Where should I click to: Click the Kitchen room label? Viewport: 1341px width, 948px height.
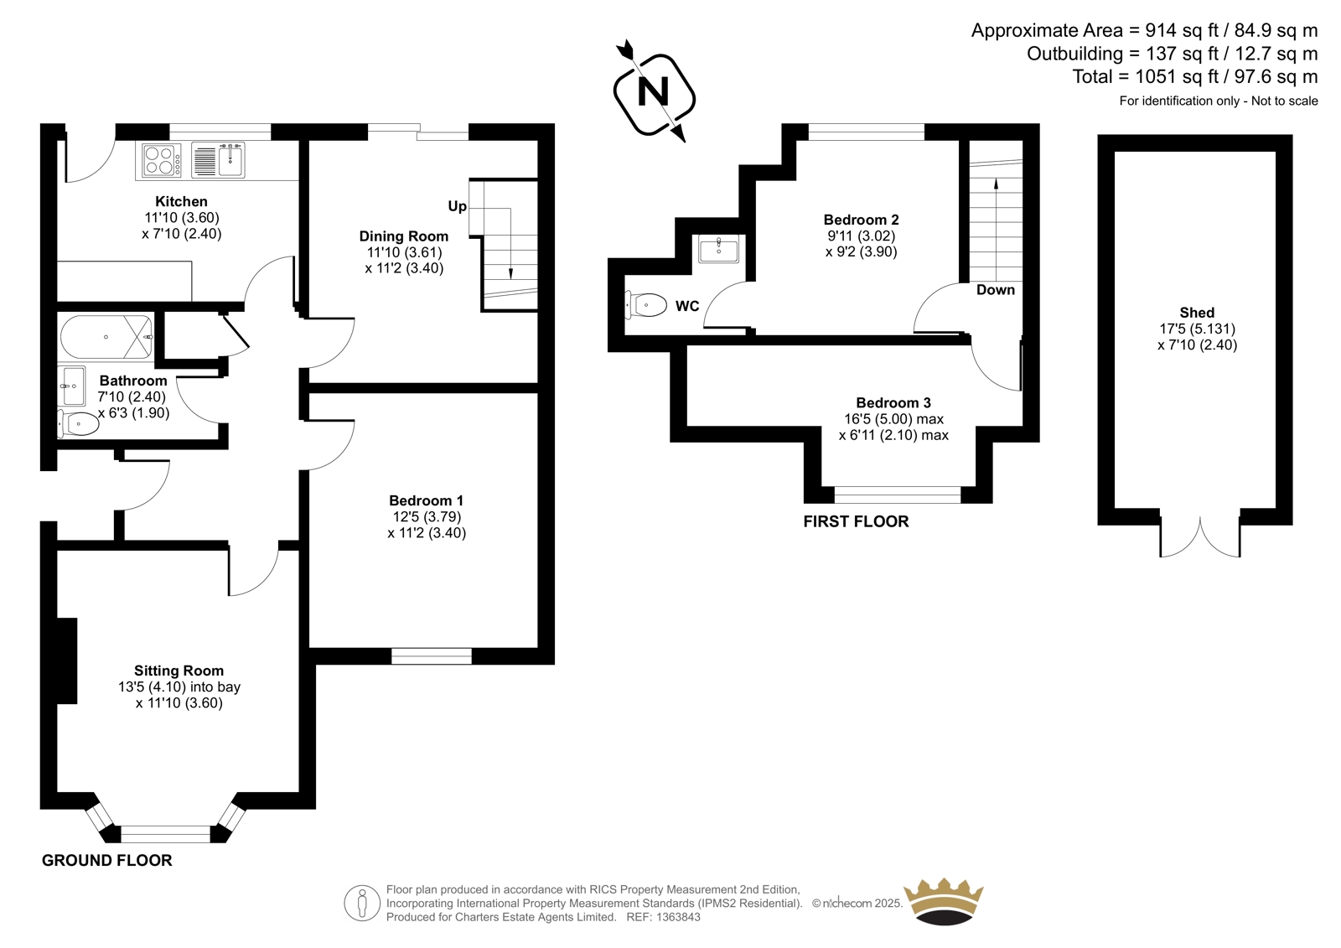coord(181,201)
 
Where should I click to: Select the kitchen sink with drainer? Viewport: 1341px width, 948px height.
coord(218,160)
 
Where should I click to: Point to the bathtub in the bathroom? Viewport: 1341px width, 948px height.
coord(106,337)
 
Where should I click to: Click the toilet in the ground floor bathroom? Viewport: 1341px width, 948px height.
coord(79,424)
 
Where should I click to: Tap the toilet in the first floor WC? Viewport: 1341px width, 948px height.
coord(645,305)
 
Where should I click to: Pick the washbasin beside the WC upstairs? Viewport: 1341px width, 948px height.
coord(718,249)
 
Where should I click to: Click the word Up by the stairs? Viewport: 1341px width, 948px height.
coord(458,206)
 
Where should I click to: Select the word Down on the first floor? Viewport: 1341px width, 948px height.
coord(996,290)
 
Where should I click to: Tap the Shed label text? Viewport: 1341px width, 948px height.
coord(1197,312)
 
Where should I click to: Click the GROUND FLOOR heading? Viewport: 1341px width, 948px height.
coord(106,861)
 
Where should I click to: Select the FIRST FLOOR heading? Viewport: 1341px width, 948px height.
coord(856,521)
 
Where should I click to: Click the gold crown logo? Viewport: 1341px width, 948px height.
coord(944,902)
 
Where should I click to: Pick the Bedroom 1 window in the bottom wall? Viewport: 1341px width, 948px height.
coord(432,655)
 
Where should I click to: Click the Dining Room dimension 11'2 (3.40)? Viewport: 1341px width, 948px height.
coord(404,268)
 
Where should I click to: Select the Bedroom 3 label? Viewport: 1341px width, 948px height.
coord(893,402)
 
